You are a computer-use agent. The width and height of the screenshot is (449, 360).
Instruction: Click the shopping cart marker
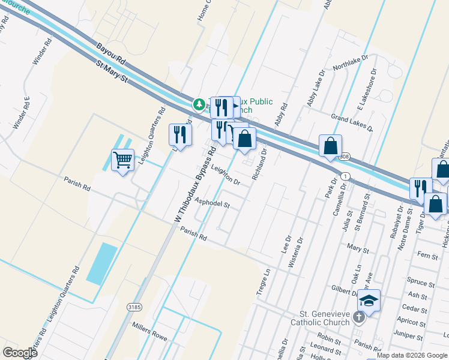point(122,160)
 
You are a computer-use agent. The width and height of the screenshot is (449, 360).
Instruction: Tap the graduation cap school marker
point(369,301)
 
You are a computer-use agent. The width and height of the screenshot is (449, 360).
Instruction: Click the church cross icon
point(359,317)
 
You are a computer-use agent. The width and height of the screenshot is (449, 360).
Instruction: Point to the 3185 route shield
point(134,307)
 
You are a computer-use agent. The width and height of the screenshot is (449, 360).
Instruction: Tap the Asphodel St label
point(212,204)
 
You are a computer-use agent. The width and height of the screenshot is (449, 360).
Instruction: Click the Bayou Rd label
point(110,53)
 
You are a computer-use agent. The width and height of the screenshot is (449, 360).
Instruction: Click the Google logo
point(20,352)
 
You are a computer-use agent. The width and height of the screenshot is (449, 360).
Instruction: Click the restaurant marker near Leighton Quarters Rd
point(180,135)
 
